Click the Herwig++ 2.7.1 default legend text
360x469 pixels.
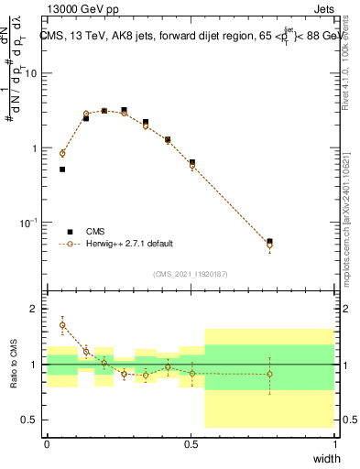pyautogui.click(x=130, y=244)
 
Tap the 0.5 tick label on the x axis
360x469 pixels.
pyautogui.click(x=190, y=444)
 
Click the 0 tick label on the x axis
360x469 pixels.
pyautogui.click(x=47, y=444)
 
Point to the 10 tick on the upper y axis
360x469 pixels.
pyautogui.click(x=31, y=73)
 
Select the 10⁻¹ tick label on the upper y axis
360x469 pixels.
pyautogui.click(x=29, y=223)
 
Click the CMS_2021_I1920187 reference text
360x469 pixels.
pyautogui.click(x=191, y=273)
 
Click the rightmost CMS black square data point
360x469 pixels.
pyautogui.click(x=269, y=242)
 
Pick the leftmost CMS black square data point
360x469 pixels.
pyautogui.click(x=62, y=169)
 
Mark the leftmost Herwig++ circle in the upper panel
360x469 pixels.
pyautogui.click(x=62, y=153)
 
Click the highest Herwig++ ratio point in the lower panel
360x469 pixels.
pyautogui.click(x=62, y=324)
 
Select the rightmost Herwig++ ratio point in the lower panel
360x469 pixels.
pyautogui.click(x=269, y=374)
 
